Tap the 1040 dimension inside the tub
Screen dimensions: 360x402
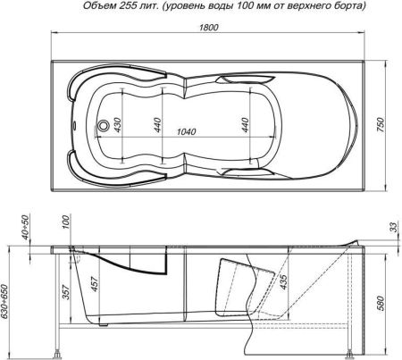tap(187, 131)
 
